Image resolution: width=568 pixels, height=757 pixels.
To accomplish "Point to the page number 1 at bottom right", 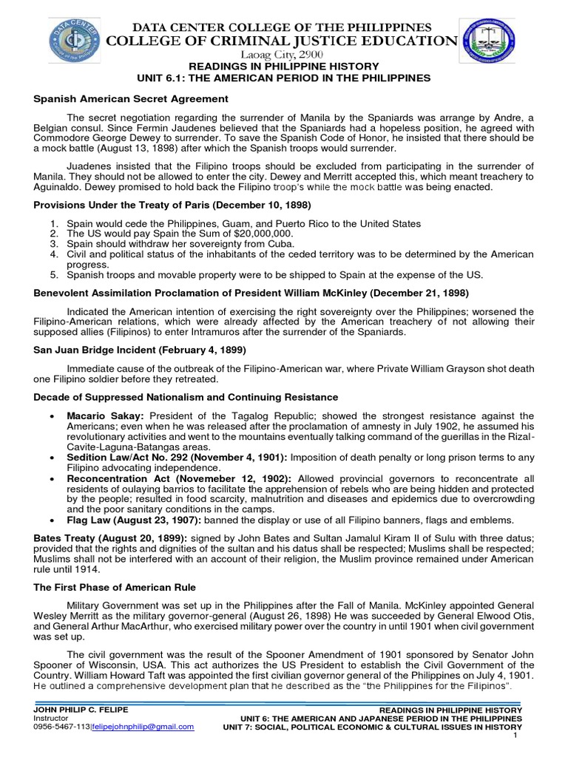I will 519,736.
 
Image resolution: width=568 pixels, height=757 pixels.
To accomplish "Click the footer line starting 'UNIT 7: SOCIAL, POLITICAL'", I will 373,727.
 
